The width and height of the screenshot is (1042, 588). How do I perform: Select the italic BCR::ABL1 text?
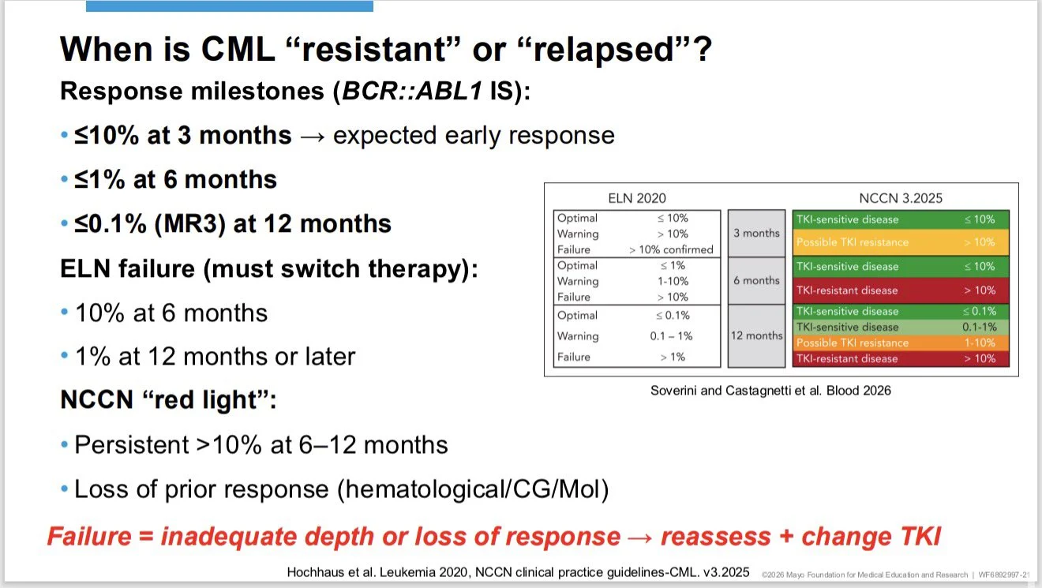pos(411,91)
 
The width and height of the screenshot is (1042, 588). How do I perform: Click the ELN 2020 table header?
pos(637,198)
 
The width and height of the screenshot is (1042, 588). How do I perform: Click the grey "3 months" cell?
pos(756,234)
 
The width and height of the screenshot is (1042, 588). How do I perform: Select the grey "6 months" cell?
pos(756,280)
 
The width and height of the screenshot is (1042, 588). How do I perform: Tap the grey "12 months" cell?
pos(756,335)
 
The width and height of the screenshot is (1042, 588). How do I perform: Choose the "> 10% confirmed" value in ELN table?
pos(671,249)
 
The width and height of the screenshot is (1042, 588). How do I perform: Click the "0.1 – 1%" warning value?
pos(670,336)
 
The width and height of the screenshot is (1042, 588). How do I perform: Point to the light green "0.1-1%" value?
pos(979,327)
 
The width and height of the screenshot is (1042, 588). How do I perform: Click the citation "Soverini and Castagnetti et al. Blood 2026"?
pos(770,390)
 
